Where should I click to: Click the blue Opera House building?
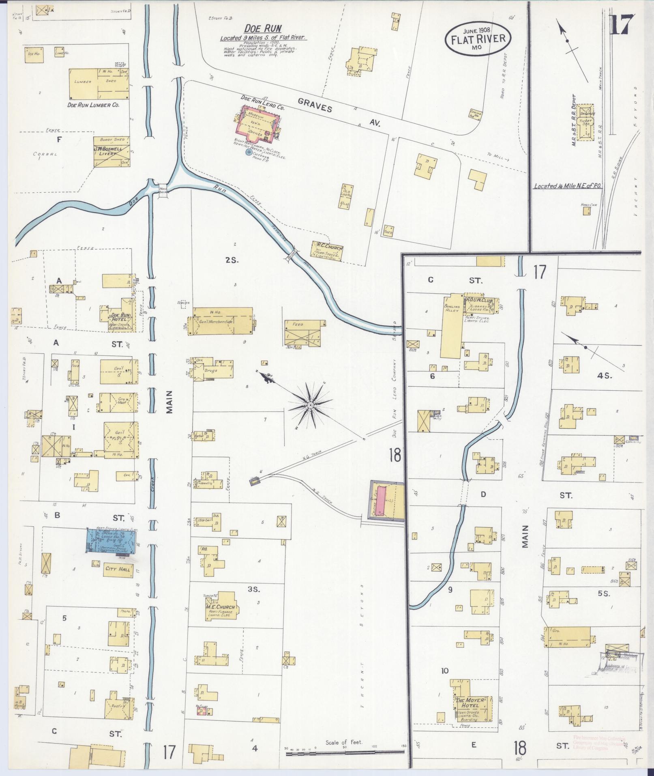pos(111,540)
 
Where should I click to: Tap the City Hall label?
pos(118,569)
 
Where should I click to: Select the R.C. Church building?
pos(327,251)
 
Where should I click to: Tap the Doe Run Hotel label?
pos(120,315)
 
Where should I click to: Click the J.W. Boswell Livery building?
pos(112,152)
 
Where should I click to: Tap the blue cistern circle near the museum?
pos(249,153)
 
